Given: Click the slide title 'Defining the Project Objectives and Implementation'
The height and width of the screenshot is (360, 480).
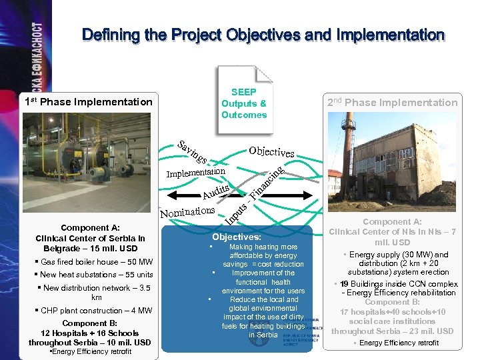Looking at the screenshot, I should (x=263, y=35).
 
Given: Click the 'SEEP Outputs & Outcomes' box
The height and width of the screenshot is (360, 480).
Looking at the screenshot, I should (x=243, y=103).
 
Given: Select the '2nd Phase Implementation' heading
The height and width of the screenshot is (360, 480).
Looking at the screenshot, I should (x=393, y=102).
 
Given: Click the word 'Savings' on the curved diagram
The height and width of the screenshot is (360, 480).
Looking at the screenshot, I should (x=193, y=153).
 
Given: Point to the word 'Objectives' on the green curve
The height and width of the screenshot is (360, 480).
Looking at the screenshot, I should (x=271, y=151).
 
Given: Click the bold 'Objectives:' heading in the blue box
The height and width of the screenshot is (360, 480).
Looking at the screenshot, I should (x=236, y=237).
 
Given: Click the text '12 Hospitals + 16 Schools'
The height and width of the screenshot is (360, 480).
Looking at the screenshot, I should (x=90, y=333).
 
